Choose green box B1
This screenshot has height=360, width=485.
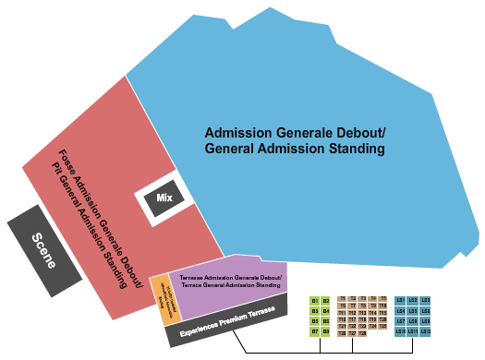pos(315,301)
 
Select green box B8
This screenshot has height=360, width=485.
pos(325,331)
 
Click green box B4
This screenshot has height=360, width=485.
pos(325,311)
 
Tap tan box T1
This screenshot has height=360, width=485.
pos(342,298)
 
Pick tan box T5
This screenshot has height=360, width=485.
pos(383,298)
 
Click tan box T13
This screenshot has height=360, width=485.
pos(363,312)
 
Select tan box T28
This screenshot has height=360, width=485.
pos(363,332)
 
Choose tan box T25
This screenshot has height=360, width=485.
pos(383,326)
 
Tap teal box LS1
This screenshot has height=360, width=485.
pos(400,300)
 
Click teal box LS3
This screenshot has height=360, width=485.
pos(426,300)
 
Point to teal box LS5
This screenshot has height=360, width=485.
pos(413,311)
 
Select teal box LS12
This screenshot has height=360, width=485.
pos(426,331)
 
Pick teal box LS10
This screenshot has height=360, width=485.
pos(400,331)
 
